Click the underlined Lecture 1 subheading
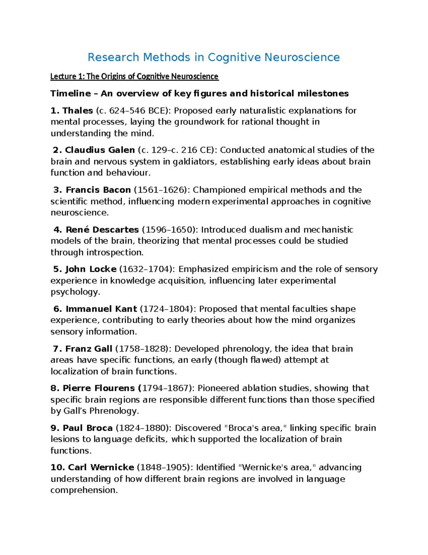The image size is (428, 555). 134,76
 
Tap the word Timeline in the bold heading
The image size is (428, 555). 71,94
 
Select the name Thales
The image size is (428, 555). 77,111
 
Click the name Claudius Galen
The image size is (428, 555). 100,150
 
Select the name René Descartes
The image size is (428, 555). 102,229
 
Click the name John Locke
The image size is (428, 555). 91,269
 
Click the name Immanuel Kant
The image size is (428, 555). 101,309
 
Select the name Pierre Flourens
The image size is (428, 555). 98,388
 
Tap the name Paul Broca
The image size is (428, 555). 87,428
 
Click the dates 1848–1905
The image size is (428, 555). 163,467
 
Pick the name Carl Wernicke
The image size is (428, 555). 101,467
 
